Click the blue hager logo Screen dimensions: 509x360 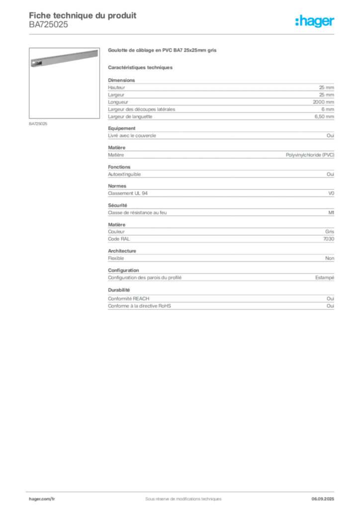pyautogui.click(x=315, y=22)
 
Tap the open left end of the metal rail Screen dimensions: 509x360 pyautogui.click(x=33, y=64)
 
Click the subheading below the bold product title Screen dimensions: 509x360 pyautogui.click(x=141, y=67)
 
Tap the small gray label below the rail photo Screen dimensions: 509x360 pyautogui.click(x=38, y=124)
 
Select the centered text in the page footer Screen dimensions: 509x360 pyautogui.click(x=180, y=497)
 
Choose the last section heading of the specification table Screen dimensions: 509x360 pyautogui.click(x=119, y=288)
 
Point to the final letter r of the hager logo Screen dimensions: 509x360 pyautogui.click(x=334, y=22)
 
